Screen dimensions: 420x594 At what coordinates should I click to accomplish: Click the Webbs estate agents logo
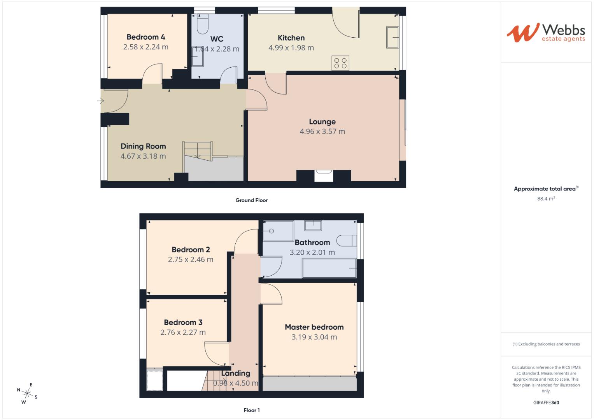[545, 32]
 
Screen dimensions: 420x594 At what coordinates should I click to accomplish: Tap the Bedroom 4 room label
[146, 37]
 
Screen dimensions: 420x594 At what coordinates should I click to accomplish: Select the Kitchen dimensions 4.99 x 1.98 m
[291, 48]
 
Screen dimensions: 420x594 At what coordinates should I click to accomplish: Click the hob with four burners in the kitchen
[340, 63]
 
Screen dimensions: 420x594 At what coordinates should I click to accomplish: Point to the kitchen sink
[392, 37]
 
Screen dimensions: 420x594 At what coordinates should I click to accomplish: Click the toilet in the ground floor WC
[203, 24]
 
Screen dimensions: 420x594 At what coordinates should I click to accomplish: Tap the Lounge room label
[322, 122]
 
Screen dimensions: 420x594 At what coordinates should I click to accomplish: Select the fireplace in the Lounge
[324, 176]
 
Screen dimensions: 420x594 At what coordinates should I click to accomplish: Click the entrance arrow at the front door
[100, 101]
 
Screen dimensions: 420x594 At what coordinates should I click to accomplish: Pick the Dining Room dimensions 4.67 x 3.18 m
[143, 156]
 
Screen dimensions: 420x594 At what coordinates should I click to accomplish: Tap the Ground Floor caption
[252, 200]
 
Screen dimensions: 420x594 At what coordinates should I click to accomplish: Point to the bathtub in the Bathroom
[329, 268]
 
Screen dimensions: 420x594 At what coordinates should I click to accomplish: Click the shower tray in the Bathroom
[278, 231]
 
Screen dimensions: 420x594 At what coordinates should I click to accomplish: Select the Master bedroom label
[314, 327]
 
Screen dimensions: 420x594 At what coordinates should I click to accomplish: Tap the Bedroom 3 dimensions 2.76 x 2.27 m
[183, 332]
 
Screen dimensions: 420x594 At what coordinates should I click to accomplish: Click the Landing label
[236, 373]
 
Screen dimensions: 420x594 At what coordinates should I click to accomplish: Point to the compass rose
[27, 393]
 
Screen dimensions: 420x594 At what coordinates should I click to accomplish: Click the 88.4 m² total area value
[546, 199]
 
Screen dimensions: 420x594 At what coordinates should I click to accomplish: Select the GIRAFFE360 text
[546, 402]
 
